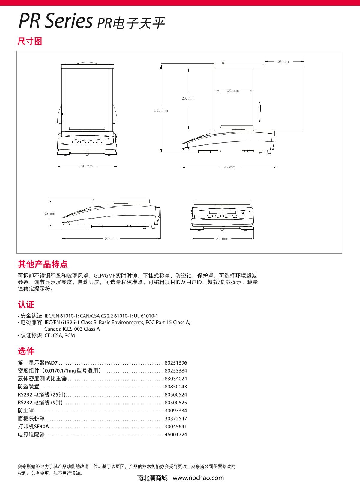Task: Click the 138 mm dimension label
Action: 282,62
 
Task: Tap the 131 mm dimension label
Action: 232,91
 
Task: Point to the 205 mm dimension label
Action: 188,98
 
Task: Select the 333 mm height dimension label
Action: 161,111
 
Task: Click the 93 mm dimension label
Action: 50,214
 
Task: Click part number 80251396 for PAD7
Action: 175,363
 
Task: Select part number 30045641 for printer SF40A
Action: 175,427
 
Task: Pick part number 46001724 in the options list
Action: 175,434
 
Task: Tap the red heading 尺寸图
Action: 30,42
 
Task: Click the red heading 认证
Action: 26,305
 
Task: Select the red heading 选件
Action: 26,351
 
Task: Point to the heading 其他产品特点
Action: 43,264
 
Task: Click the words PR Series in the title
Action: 55,22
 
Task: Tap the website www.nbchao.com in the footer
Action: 198,478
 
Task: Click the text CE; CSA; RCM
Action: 60,335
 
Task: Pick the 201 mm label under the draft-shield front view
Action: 86,166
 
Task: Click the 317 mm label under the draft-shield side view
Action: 229,167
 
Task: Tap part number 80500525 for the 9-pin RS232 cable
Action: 175,403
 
